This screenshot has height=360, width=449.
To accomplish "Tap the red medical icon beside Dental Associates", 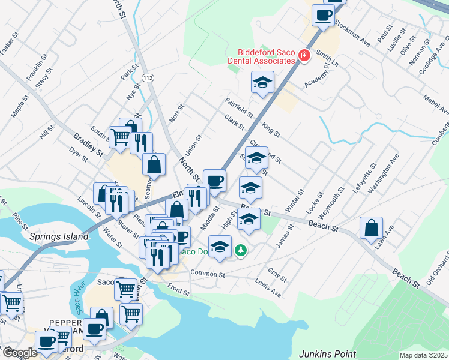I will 304,56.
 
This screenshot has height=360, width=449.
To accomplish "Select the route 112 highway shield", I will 148,78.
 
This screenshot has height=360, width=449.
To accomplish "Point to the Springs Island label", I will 59,236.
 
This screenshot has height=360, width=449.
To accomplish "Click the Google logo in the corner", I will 19,353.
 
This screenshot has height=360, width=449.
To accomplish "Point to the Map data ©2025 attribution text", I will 423,355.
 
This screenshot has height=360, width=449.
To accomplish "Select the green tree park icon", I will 241,249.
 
